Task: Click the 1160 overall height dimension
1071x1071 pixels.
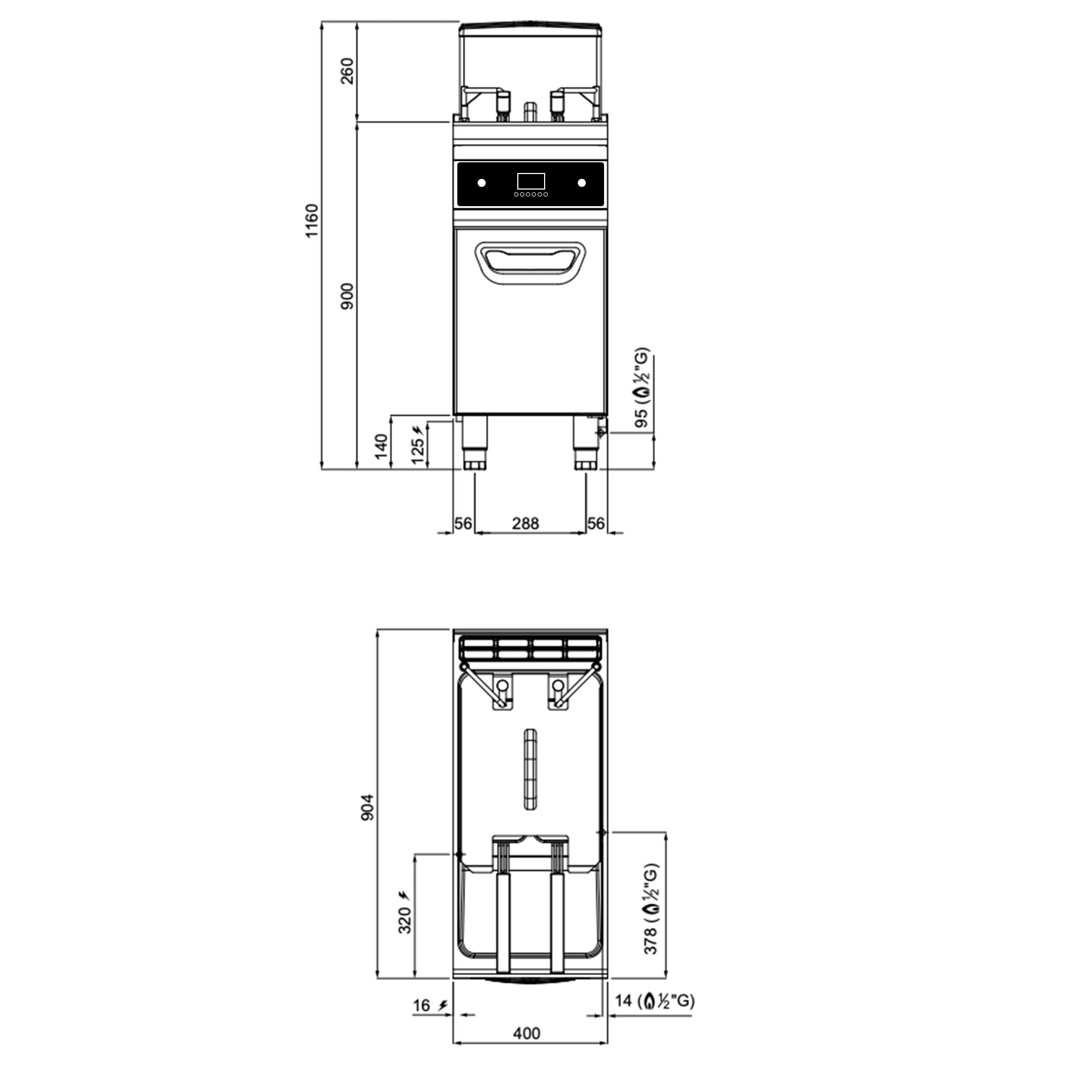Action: [312, 221]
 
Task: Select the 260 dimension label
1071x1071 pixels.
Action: [347, 71]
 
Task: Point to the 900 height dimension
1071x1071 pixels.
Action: [347, 296]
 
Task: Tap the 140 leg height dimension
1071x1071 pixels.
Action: [381, 446]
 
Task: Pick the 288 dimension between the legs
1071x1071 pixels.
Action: [525, 523]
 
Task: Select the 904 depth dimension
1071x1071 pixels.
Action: [367, 807]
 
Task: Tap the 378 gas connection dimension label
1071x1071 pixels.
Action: [651, 909]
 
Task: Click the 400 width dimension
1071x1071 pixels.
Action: [526, 1034]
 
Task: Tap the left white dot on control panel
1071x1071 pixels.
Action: [481, 183]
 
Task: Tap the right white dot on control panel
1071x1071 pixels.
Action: [582, 183]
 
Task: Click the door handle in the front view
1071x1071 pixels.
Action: [531, 263]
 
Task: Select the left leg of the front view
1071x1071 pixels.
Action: [475, 443]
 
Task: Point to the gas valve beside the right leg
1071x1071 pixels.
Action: [601, 432]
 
